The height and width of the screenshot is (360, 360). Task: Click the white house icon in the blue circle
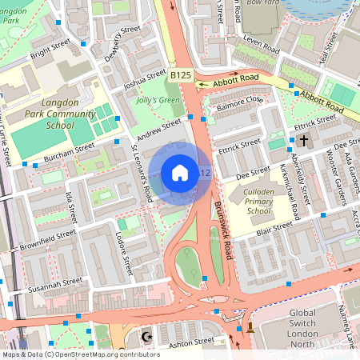point(180,173)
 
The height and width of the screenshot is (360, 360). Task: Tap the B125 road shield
point(180,74)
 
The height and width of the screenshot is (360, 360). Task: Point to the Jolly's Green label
point(158,101)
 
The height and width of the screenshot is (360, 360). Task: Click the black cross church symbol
point(303,141)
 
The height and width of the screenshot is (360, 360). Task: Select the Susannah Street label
point(55,285)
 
